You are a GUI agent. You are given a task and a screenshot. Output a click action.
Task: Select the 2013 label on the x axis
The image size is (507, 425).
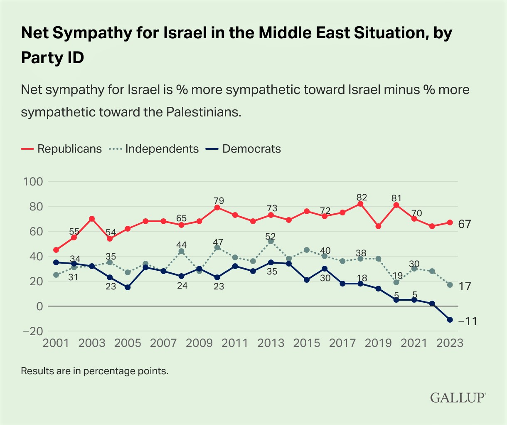(271, 343)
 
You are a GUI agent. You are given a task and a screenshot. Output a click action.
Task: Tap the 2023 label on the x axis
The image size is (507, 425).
(449, 343)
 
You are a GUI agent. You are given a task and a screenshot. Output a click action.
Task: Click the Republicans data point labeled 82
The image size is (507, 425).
(360, 204)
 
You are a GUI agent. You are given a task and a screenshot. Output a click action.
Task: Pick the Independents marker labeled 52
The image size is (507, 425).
(271, 241)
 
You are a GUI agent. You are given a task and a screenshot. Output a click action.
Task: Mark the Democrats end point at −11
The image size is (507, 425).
(450, 320)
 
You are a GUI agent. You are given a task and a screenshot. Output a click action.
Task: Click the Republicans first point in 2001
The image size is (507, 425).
(56, 250)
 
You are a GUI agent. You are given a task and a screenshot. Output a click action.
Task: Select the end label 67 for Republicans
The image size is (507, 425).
(464, 225)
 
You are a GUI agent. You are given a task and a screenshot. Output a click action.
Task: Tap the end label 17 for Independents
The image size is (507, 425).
(464, 287)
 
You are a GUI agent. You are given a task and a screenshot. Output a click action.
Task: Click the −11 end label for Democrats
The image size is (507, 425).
(465, 322)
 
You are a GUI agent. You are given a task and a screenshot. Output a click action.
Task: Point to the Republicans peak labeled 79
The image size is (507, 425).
(217, 208)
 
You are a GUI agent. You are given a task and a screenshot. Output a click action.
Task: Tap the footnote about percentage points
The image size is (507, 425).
(94, 371)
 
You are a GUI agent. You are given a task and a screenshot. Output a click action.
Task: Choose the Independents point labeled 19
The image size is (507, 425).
(396, 282)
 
